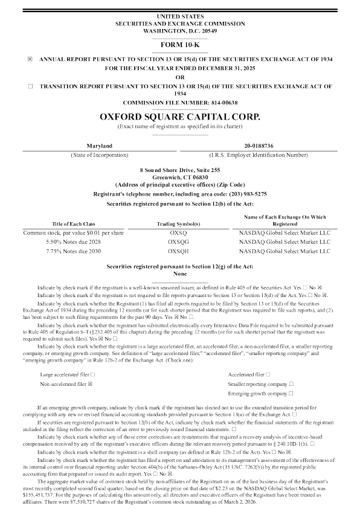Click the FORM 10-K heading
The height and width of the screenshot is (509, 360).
click(x=179, y=45)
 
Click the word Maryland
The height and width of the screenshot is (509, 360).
click(x=99, y=147)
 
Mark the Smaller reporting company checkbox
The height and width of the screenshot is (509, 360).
click(x=291, y=367)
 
